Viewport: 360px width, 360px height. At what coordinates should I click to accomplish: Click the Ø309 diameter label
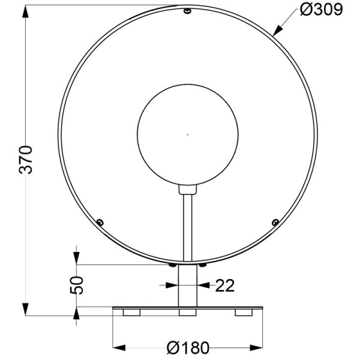pyautogui.click(x=322, y=10)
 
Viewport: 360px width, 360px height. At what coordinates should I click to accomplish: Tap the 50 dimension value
pyautogui.click(x=76, y=286)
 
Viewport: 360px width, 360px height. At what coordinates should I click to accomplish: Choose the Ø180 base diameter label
pyautogui.click(x=188, y=347)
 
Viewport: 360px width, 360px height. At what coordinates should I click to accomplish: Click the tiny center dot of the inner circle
pyautogui.click(x=188, y=134)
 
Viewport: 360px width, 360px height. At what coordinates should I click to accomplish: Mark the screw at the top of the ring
pyautogui.click(x=188, y=11)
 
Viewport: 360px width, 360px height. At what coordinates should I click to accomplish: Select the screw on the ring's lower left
pyautogui.click(x=100, y=223)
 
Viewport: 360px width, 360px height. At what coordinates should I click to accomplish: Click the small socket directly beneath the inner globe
pyautogui.click(x=188, y=190)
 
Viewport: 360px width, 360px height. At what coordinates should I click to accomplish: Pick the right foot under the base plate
pyautogui.click(x=244, y=313)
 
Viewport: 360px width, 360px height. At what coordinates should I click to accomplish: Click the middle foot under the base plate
pyautogui.click(x=188, y=313)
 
